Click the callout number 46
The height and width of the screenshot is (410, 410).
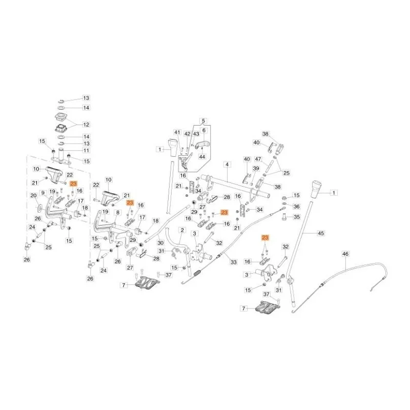click(345, 254)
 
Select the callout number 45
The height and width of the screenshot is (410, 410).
click(321, 233)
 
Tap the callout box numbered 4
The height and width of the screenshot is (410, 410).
click(227, 165)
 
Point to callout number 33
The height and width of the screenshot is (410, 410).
click(234, 262)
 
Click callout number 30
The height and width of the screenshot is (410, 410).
click(160, 243)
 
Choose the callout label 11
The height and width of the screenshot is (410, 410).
click(86, 150)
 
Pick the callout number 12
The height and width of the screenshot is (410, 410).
click(86, 125)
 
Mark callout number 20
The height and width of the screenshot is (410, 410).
click(34, 195)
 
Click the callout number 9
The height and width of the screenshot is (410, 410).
click(43, 193)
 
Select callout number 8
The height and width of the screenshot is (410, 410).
click(118, 213)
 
